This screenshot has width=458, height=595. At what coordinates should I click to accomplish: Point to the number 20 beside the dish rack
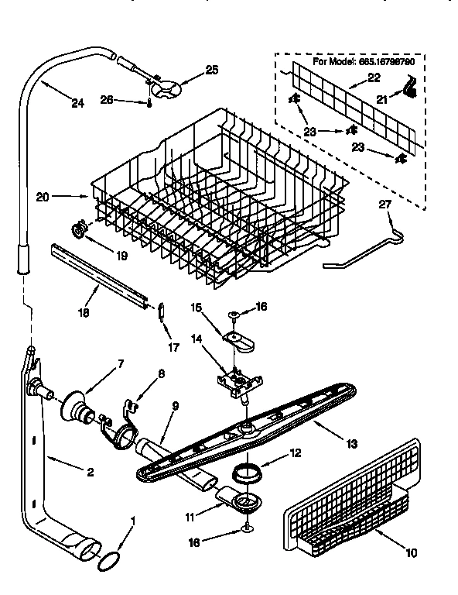click(x=43, y=197)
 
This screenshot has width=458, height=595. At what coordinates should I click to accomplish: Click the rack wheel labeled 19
click(x=77, y=229)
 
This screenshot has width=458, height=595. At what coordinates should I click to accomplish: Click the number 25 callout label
click(x=212, y=70)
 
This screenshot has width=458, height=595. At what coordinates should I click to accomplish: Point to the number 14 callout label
click(x=197, y=339)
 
